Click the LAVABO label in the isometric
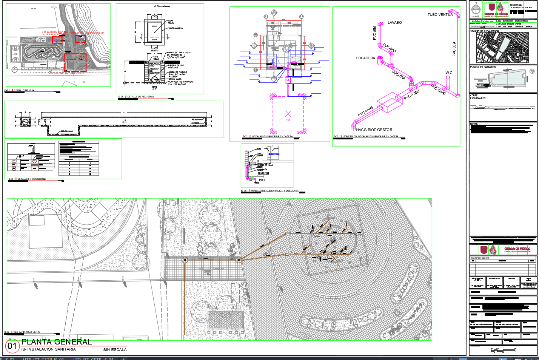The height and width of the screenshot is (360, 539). click(x=394, y=23)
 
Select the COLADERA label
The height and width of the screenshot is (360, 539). click(x=365, y=58)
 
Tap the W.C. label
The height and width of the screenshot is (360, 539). click(x=449, y=73)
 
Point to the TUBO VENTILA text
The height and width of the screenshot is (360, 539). click(x=440, y=15)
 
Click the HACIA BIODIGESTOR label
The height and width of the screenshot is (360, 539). click(x=374, y=130)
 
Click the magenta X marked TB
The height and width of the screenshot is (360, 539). click(x=288, y=114)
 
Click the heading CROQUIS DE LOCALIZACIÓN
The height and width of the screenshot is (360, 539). click(x=484, y=31)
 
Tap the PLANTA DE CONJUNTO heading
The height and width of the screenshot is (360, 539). click(x=483, y=67)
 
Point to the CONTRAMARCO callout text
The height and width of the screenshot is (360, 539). click(x=175, y=28)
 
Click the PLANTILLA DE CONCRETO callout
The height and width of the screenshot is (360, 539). click(x=180, y=82)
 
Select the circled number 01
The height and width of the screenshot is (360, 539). click(x=12, y=346)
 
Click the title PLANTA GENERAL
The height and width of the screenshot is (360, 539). click(x=56, y=342)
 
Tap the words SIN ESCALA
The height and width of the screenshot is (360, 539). click(x=115, y=350)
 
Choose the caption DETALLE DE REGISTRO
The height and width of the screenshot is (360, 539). click(x=140, y=97)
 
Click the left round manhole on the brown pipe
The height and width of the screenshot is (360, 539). click(x=185, y=260)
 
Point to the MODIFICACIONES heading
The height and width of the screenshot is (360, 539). click(x=480, y=258)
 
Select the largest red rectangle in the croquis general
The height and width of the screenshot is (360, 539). click(x=75, y=62)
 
